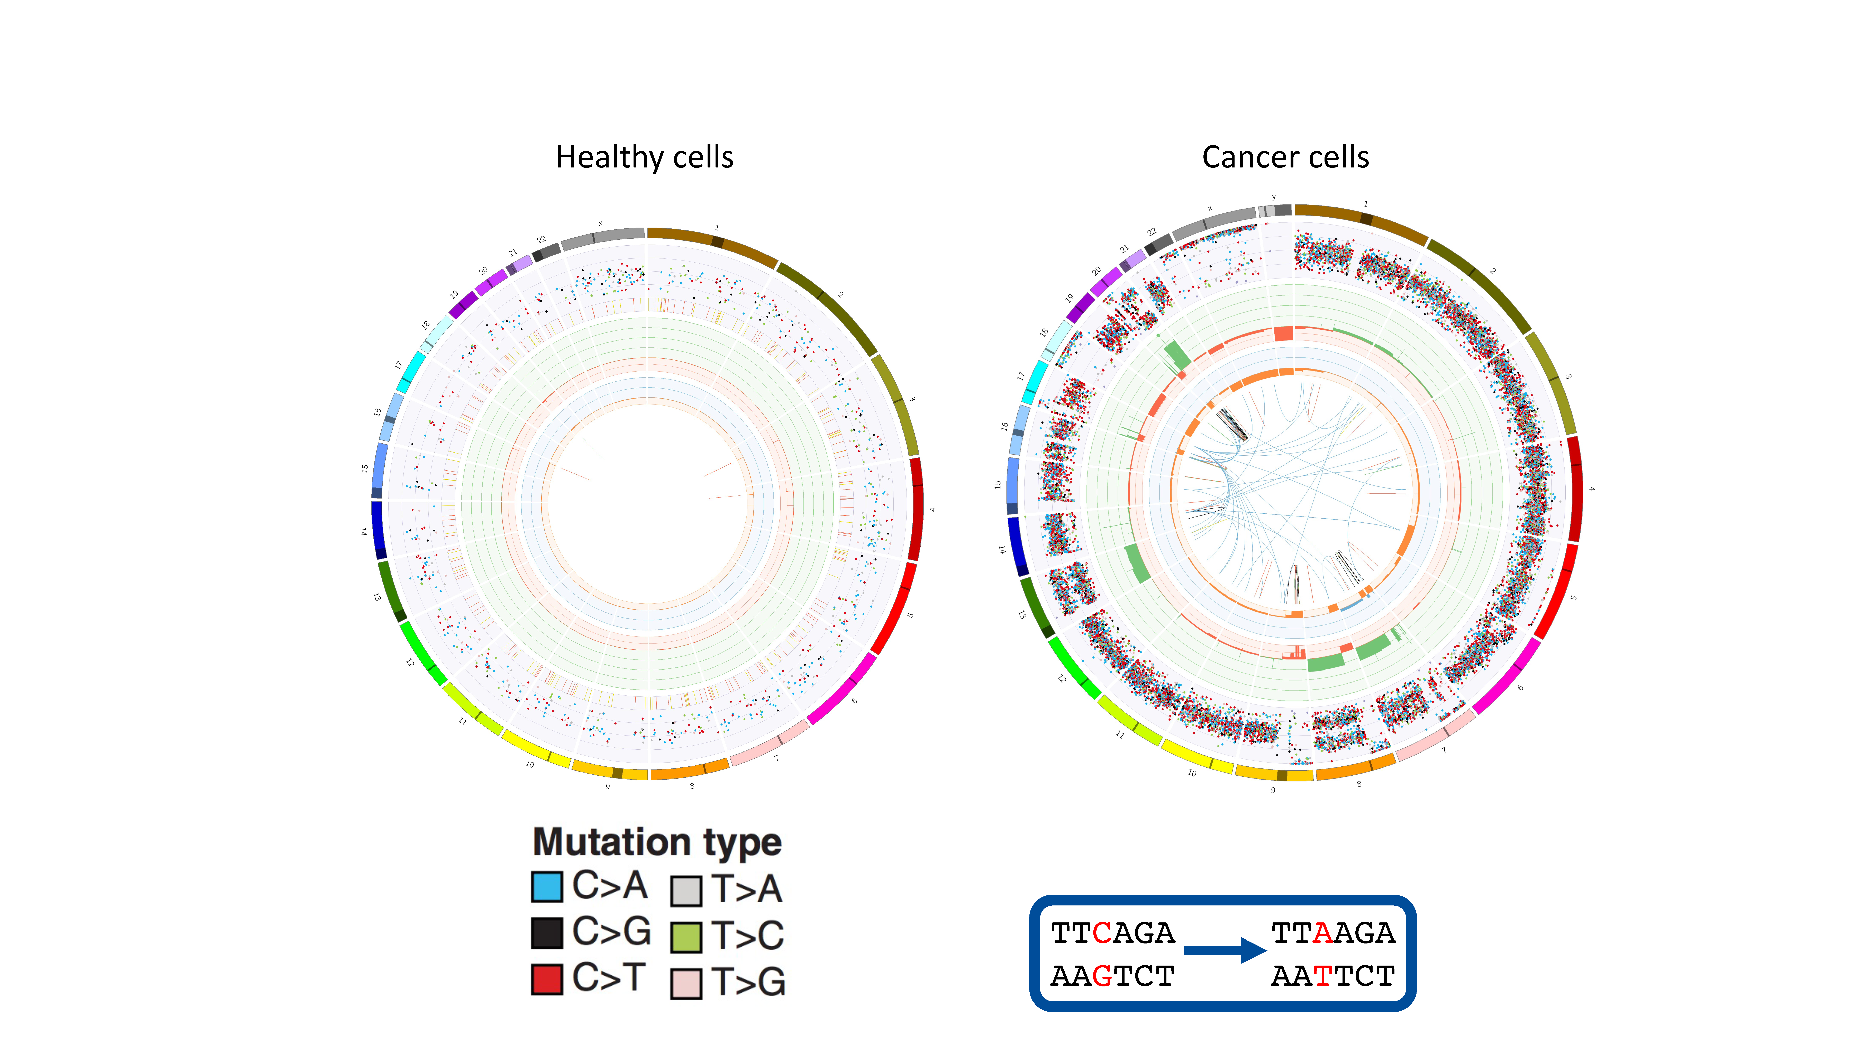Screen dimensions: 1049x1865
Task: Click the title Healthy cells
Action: [644, 157]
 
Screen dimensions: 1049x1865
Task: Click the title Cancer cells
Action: [1285, 157]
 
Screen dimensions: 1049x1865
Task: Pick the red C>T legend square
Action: [547, 979]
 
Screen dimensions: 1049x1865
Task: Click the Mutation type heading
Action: [657, 842]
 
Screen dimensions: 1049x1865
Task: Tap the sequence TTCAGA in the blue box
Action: [1113, 933]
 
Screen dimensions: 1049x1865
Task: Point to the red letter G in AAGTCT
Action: [1102, 976]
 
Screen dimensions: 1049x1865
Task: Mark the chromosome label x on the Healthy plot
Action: [600, 224]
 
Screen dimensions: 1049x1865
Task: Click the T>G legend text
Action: [748, 982]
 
